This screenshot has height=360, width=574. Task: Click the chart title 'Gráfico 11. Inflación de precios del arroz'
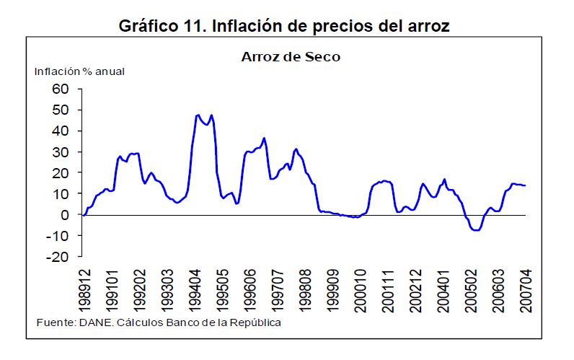tap(285, 27)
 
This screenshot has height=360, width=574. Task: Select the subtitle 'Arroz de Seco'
tap(291, 57)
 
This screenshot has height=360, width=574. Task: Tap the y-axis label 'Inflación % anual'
tap(80, 71)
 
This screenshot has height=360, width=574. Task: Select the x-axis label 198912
tap(85, 289)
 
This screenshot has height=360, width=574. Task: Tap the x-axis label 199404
tap(195, 289)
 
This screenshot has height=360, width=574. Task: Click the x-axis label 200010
tap(361, 289)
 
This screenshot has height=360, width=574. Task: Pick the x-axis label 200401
tap(444, 289)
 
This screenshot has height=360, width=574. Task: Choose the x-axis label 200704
tap(526, 289)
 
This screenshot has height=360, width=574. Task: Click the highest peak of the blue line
tap(198, 115)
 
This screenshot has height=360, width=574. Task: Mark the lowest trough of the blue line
tap(475, 230)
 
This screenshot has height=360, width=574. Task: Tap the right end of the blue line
tap(525, 185)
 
